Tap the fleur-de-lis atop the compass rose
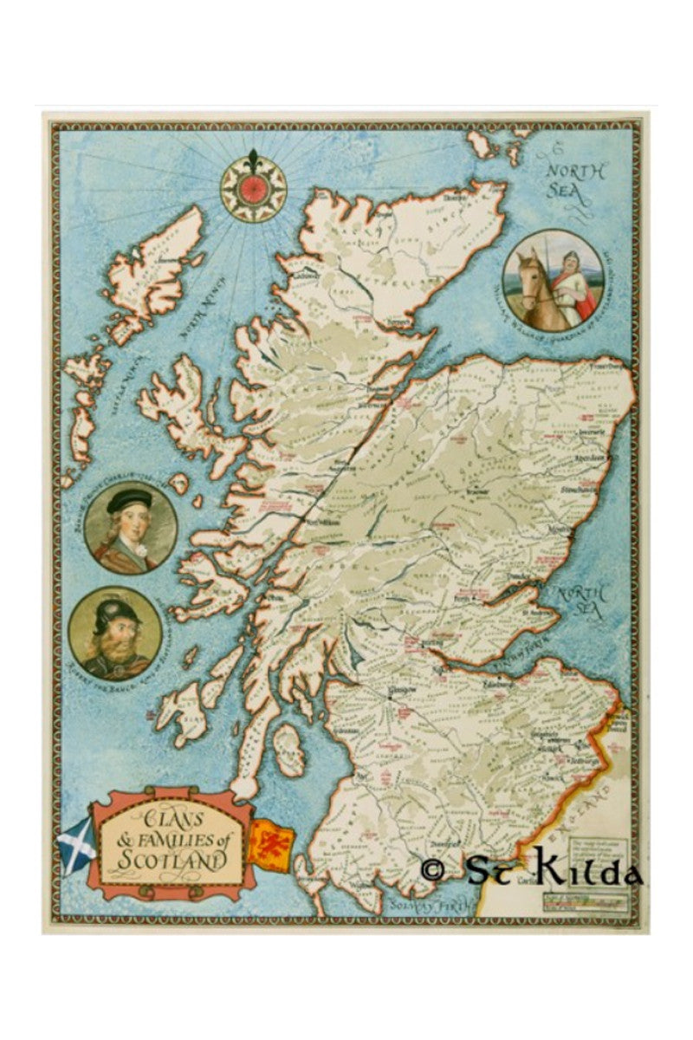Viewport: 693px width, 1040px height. click(252, 161)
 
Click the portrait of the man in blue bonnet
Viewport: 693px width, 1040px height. click(131, 527)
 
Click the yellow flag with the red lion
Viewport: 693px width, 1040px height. click(273, 840)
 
